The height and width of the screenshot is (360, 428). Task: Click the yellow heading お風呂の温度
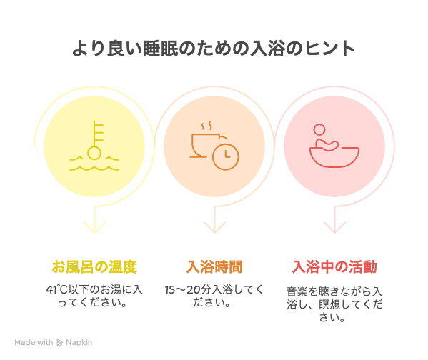(94, 266)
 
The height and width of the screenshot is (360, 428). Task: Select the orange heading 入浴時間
(214, 266)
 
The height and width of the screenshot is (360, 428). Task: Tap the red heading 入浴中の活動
(334, 266)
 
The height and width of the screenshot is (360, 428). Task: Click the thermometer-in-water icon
(94, 146)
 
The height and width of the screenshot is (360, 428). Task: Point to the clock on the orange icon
(226, 156)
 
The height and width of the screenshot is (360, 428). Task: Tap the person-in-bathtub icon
(334, 146)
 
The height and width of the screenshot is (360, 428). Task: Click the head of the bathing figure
(319, 130)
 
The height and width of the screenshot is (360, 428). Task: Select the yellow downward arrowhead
(94, 228)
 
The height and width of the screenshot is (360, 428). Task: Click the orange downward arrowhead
(214, 228)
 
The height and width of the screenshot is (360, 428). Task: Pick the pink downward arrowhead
(334, 228)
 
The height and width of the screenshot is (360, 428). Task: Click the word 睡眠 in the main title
(161, 49)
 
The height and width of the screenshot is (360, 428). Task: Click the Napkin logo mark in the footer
(59, 343)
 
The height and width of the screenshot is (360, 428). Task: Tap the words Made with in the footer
(34, 342)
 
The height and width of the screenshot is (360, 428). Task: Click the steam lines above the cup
(206, 126)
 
